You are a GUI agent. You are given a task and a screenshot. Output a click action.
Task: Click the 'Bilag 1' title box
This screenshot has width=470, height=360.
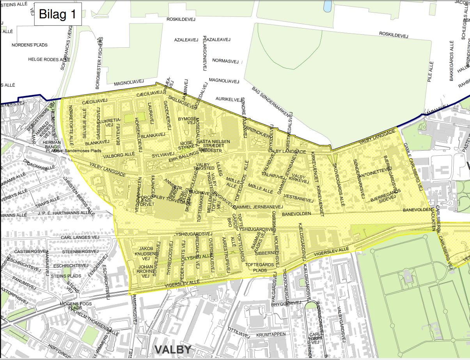(x=57, y=14)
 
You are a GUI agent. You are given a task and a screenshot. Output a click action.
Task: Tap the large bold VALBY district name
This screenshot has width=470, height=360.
(x=173, y=349)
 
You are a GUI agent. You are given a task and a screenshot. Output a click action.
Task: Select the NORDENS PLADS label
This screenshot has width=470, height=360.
(x=30, y=45)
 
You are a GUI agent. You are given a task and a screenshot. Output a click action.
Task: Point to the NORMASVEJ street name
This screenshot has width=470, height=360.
(x=225, y=61)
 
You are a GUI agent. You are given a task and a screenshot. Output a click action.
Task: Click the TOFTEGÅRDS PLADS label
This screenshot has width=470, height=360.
(x=259, y=267)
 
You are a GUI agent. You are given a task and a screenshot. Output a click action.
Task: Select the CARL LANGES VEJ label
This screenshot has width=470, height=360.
(x=80, y=237)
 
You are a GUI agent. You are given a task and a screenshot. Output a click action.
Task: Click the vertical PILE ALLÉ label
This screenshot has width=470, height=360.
(x=431, y=70)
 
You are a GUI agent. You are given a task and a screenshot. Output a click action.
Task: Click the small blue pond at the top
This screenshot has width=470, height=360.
(x=327, y=5)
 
